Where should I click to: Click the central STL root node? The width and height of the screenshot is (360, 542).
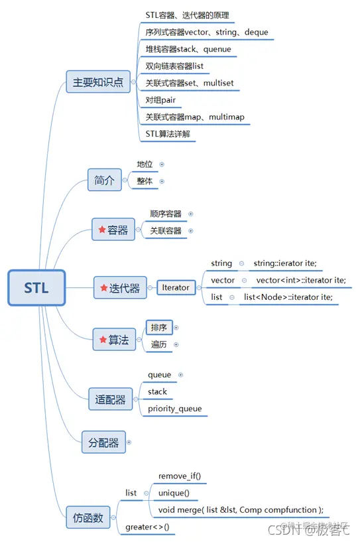(x=36, y=288)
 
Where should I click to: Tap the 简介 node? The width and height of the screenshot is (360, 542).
(x=104, y=180)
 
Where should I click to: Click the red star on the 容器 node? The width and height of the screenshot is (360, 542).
(x=102, y=230)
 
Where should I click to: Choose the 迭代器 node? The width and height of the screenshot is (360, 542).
(x=120, y=288)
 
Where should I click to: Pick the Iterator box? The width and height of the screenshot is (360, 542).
(x=175, y=287)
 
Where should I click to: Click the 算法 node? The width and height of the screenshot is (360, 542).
(x=113, y=340)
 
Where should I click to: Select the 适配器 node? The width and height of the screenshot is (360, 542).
(x=110, y=399)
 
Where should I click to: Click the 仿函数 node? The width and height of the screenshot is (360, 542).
(x=88, y=518)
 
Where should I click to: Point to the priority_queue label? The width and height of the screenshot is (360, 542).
(x=174, y=409)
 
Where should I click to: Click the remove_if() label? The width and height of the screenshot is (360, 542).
(x=179, y=476)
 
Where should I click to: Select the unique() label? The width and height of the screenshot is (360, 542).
(x=174, y=493)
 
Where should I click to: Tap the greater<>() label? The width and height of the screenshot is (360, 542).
(x=147, y=527)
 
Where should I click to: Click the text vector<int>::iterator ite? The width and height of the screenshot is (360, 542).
(x=301, y=280)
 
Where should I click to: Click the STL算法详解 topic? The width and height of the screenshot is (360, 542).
(x=170, y=134)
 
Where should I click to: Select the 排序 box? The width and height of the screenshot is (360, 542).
(x=158, y=328)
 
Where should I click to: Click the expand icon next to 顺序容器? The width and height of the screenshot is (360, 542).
(x=191, y=214)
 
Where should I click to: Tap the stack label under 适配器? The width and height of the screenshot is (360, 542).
(x=157, y=391)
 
